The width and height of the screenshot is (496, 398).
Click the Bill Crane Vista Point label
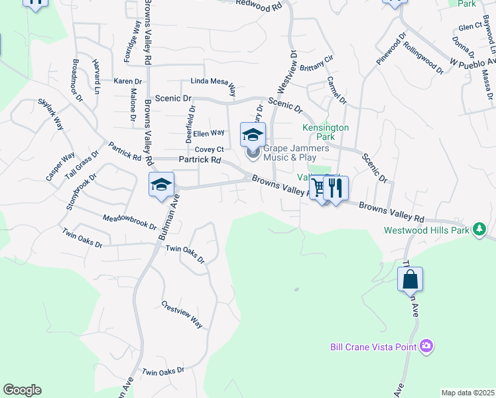[373, 347]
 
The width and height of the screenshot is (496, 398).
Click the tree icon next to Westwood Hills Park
[478, 230]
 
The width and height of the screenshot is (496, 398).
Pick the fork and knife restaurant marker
[336, 188]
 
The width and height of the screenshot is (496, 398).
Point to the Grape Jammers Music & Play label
[290, 153]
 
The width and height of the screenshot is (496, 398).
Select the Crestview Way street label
[182, 314]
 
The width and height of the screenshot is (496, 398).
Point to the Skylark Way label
[50, 115]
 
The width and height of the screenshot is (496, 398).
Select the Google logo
[22, 390]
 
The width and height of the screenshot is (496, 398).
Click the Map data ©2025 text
[467, 393]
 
